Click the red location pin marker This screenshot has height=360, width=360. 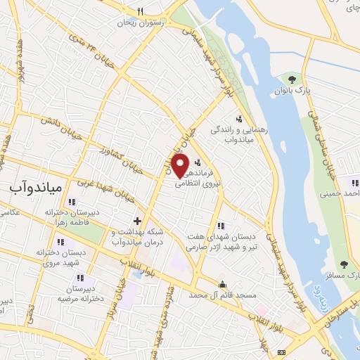pos(180,166)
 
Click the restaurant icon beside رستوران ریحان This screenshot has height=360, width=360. pos(141,11)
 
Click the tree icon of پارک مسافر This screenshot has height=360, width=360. pos(344,264)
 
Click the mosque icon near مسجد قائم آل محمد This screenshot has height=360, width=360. pos(223,284)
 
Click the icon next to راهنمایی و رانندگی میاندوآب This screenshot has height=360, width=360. pos(239,117)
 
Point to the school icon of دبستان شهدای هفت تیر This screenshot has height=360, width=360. pos(221,226)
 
